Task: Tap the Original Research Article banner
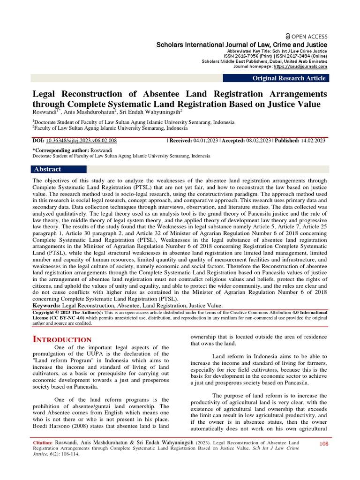click(289, 78)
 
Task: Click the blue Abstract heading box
click(59, 169)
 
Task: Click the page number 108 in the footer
click(324, 443)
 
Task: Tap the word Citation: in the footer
click(45, 443)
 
